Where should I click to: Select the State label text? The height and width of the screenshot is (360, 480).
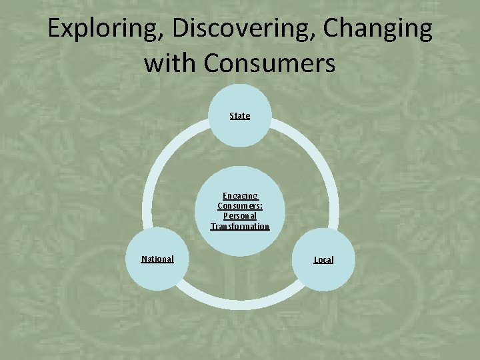coord(240,115)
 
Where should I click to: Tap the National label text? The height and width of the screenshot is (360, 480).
coord(157,259)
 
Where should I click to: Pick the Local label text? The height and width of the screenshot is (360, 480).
coord(323,259)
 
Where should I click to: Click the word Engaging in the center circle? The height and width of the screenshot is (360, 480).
coord(240,196)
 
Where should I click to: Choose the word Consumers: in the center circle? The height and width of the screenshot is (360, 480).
coord(240,206)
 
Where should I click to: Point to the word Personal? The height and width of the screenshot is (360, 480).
coord(240,216)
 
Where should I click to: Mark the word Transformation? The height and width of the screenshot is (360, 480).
coord(240,226)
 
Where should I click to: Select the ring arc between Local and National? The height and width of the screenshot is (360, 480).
coord(240,303)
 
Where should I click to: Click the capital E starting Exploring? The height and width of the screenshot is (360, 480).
coord(54,29)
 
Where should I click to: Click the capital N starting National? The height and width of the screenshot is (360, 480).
coord(144,259)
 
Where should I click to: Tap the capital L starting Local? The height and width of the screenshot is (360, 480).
coord(316,259)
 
